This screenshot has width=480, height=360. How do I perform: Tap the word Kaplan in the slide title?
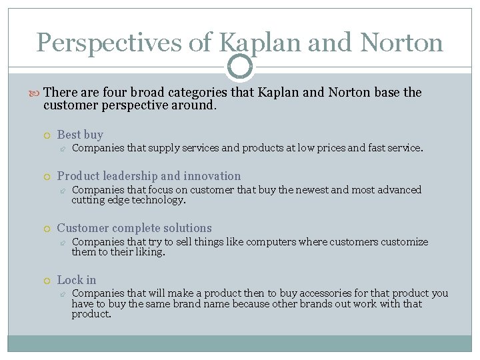tap(251, 43)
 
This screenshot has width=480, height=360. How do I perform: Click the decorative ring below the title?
tap(240, 67)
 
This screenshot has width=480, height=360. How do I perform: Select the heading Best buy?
tap(80, 135)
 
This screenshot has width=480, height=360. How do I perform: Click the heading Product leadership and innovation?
tap(149, 176)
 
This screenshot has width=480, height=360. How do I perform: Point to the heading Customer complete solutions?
tap(134, 228)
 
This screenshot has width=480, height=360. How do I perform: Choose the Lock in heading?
tap(77, 280)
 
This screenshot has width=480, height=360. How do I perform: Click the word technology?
tap(159, 200)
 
